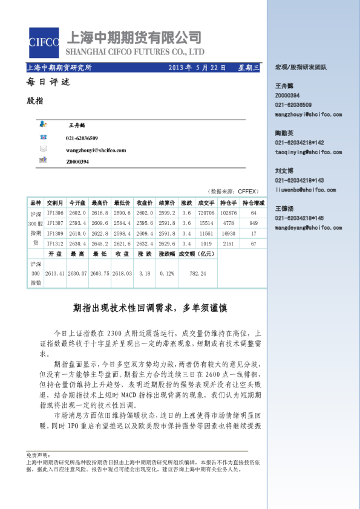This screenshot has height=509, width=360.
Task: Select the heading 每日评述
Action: [x=48, y=82]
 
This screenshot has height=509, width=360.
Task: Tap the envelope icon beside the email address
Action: [x=43, y=149]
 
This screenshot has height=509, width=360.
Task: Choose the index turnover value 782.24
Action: [x=198, y=274]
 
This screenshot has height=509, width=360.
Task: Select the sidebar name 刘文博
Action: [x=284, y=171]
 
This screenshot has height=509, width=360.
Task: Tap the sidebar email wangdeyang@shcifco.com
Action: [x=309, y=228]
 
